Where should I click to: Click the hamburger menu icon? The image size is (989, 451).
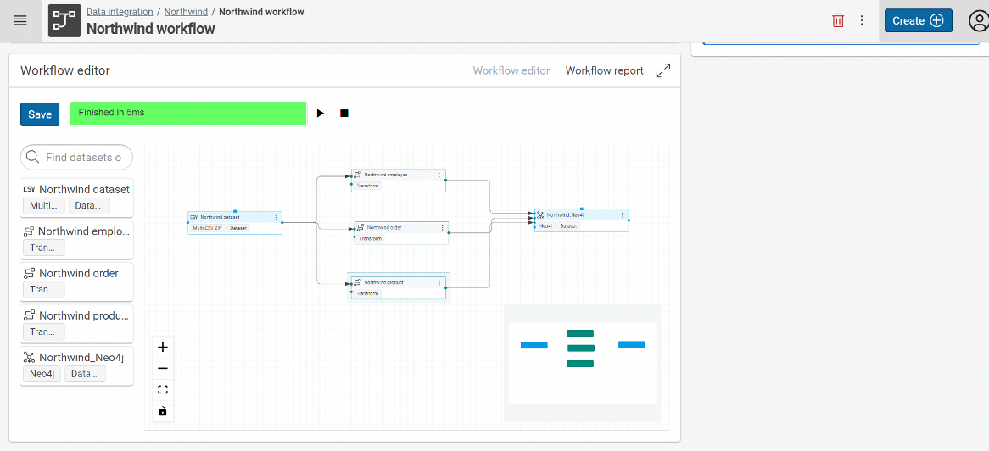tap(20, 20)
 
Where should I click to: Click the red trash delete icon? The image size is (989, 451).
tap(838, 20)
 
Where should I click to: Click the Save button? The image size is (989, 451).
tap(40, 114)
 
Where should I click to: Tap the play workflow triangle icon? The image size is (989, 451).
tap(321, 114)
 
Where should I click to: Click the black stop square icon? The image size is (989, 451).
tap(344, 114)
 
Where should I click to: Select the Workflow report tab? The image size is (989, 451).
tap(604, 70)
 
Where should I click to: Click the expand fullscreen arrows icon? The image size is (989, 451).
tap(663, 70)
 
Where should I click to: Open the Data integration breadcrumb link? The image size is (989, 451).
tap(120, 12)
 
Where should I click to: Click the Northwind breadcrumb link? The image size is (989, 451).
tap(186, 12)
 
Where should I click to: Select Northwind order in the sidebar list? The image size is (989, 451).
tap(78, 273)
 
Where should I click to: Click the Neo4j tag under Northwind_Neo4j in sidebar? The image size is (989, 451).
tap(42, 374)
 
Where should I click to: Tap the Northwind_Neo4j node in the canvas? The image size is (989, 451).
tap(580, 215)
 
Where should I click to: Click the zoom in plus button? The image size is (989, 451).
tap(163, 347)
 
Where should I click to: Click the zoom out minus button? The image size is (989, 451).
tap(163, 369)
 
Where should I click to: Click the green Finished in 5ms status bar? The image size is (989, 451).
tap(187, 114)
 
